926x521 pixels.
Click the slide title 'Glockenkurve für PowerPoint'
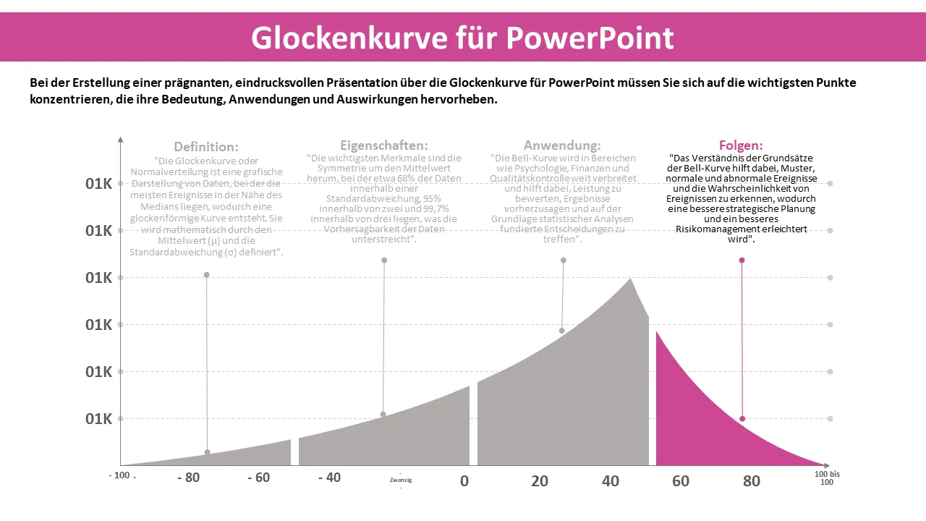[x=462, y=38]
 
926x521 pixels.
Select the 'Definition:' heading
[x=205, y=147]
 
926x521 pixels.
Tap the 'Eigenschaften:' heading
[x=383, y=145]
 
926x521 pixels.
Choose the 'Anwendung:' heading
[x=562, y=145]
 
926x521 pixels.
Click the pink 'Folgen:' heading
[x=741, y=145]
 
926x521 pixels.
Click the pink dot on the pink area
[x=742, y=419]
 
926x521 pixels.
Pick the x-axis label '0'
[x=464, y=480]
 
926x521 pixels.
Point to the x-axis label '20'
[x=540, y=480]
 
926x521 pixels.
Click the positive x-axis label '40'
[x=611, y=480]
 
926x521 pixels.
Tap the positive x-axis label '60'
[x=681, y=480]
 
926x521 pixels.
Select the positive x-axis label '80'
[x=752, y=480]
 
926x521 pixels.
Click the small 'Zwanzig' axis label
[x=401, y=480]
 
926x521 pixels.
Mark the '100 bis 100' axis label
[x=827, y=478]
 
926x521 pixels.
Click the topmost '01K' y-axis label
[x=98, y=184]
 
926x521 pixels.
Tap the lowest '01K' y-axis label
[x=98, y=419]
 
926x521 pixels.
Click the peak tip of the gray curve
[x=631, y=279]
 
